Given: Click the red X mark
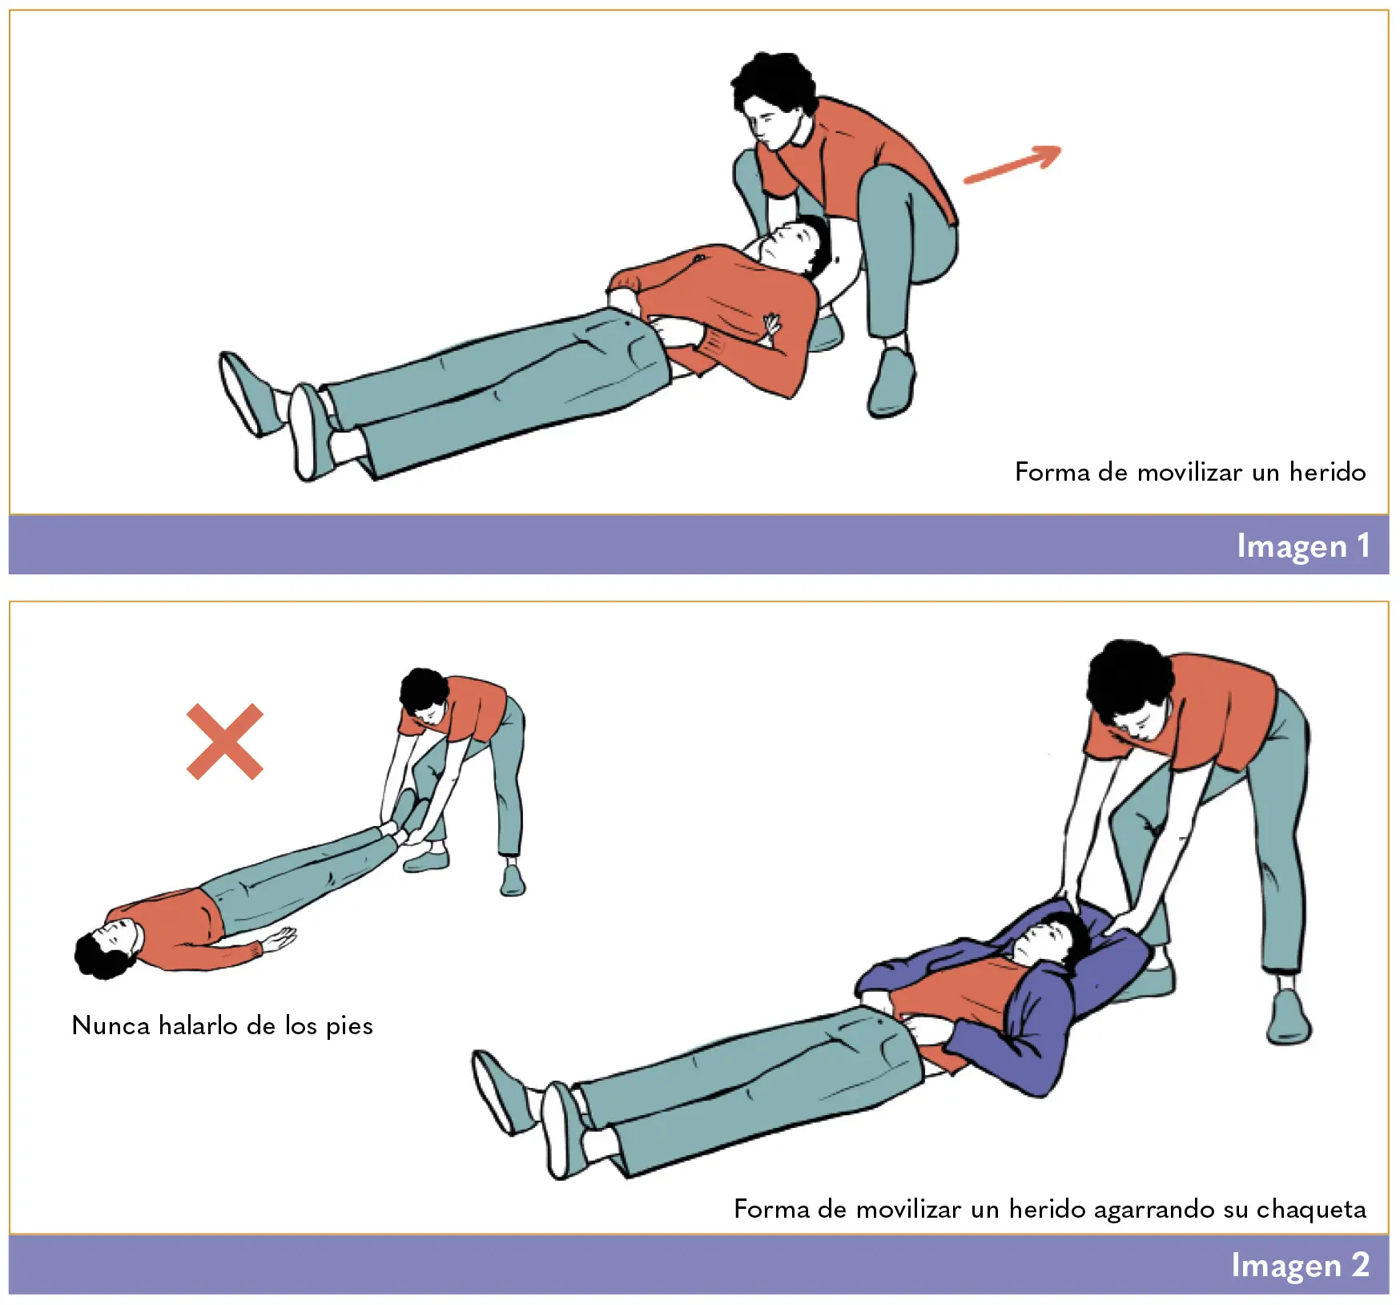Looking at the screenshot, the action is pyautogui.click(x=225, y=742).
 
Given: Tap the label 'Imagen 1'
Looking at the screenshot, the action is pyautogui.click(x=1303, y=546).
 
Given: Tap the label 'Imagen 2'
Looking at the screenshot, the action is pyautogui.click(x=1300, y=1265).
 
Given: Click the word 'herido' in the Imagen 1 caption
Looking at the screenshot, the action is pyautogui.click(x=1327, y=472).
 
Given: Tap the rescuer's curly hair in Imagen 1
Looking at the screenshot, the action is pyautogui.click(x=773, y=84).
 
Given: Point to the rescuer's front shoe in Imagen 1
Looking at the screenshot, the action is pyautogui.click(x=891, y=382).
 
